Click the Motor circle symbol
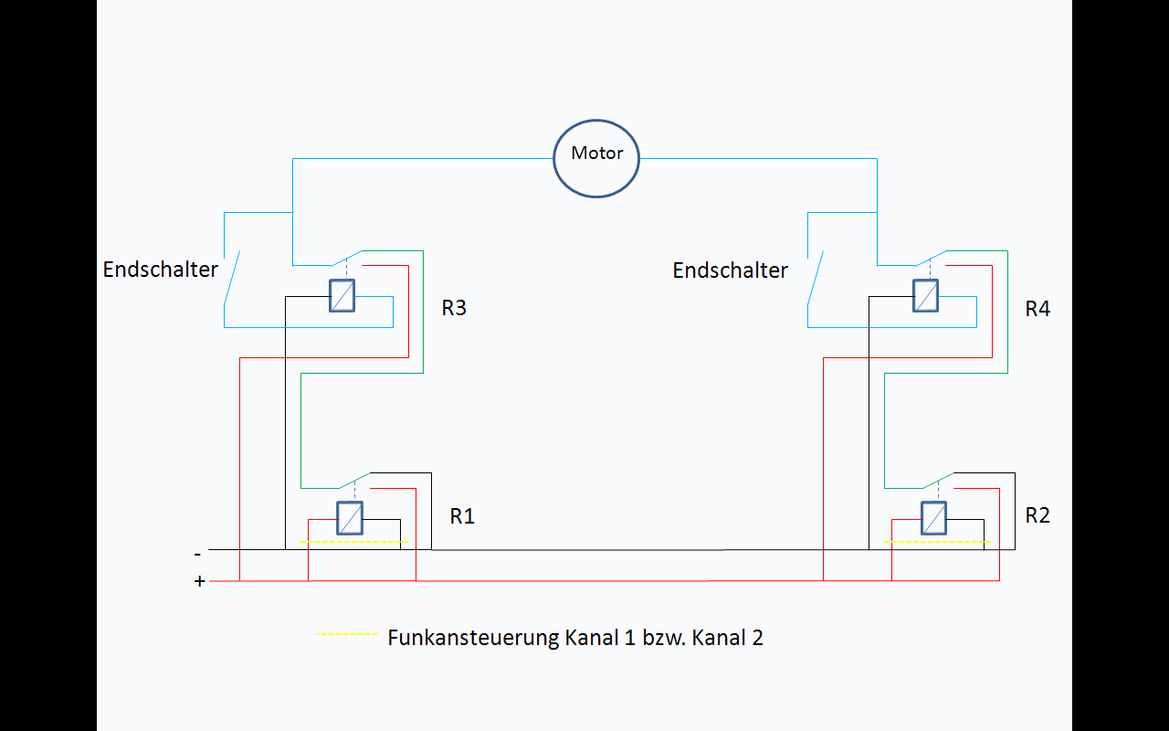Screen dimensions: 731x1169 [596, 157]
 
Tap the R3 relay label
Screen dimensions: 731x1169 [454, 308]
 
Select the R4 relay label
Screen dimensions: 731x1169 [1037, 309]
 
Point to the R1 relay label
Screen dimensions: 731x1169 [462, 516]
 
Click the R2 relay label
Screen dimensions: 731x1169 [1037, 515]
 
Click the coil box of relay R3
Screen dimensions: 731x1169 [342, 295]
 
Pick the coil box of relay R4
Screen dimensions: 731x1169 [925, 295]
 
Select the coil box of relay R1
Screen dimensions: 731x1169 [350, 518]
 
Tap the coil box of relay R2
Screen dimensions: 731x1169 [933, 518]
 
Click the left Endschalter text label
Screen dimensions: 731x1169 [161, 270]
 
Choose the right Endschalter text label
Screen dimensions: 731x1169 [730, 270]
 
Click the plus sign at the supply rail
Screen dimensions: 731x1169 [200, 581]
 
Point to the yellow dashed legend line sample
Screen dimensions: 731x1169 [347, 634]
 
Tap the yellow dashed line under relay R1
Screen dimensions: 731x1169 [353, 542]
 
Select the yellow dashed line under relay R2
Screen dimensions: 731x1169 [937, 542]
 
